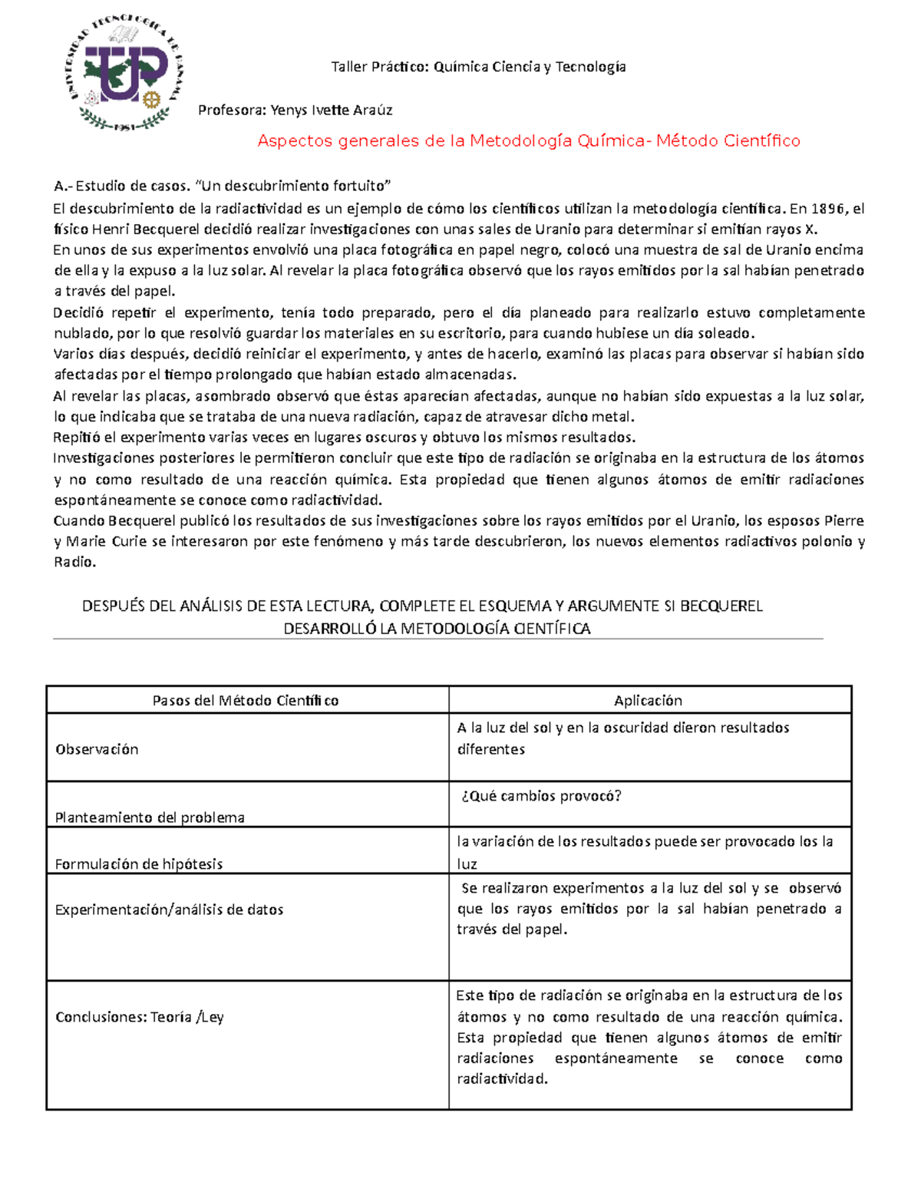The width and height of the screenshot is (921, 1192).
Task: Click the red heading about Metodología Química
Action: [x=528, y=140]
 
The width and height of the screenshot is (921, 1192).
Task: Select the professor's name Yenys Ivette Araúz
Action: [x=332, y=110]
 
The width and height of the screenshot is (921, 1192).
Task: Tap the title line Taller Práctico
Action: [x=478, y=67]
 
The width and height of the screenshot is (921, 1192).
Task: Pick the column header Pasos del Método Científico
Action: [x=246, y=700]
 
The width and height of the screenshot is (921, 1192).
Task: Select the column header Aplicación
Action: [x=648, y=700]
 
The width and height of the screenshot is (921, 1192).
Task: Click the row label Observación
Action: [x=97, y=749]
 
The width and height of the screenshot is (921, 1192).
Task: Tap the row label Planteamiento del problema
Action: [x=150, y=817]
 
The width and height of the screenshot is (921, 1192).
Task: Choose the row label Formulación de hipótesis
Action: [x=139, y=863]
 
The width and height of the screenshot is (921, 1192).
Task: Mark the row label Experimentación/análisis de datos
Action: [x=170, y=910]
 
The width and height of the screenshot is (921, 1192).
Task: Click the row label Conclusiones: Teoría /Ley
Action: [x=140, y=1017]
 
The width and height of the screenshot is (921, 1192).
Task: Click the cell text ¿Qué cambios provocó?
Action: [x=541, y=796]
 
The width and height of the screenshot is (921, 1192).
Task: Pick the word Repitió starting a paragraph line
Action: [x=77, y=438]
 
